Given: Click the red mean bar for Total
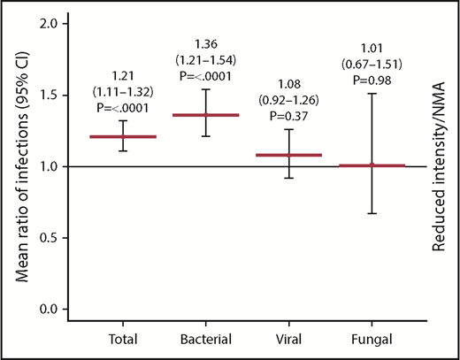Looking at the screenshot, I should [124, 136].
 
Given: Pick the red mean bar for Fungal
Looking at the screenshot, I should [372, 165].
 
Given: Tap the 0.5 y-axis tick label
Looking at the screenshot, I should [57, 238].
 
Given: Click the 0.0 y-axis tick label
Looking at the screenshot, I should [57, 310].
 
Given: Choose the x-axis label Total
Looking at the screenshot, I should [124, 339].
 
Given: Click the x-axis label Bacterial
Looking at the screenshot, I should [206, 339].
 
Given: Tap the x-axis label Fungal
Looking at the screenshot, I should [372, 339].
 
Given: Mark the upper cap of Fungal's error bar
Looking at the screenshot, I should [372, 93].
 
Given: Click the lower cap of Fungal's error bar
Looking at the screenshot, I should [372, 213].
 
